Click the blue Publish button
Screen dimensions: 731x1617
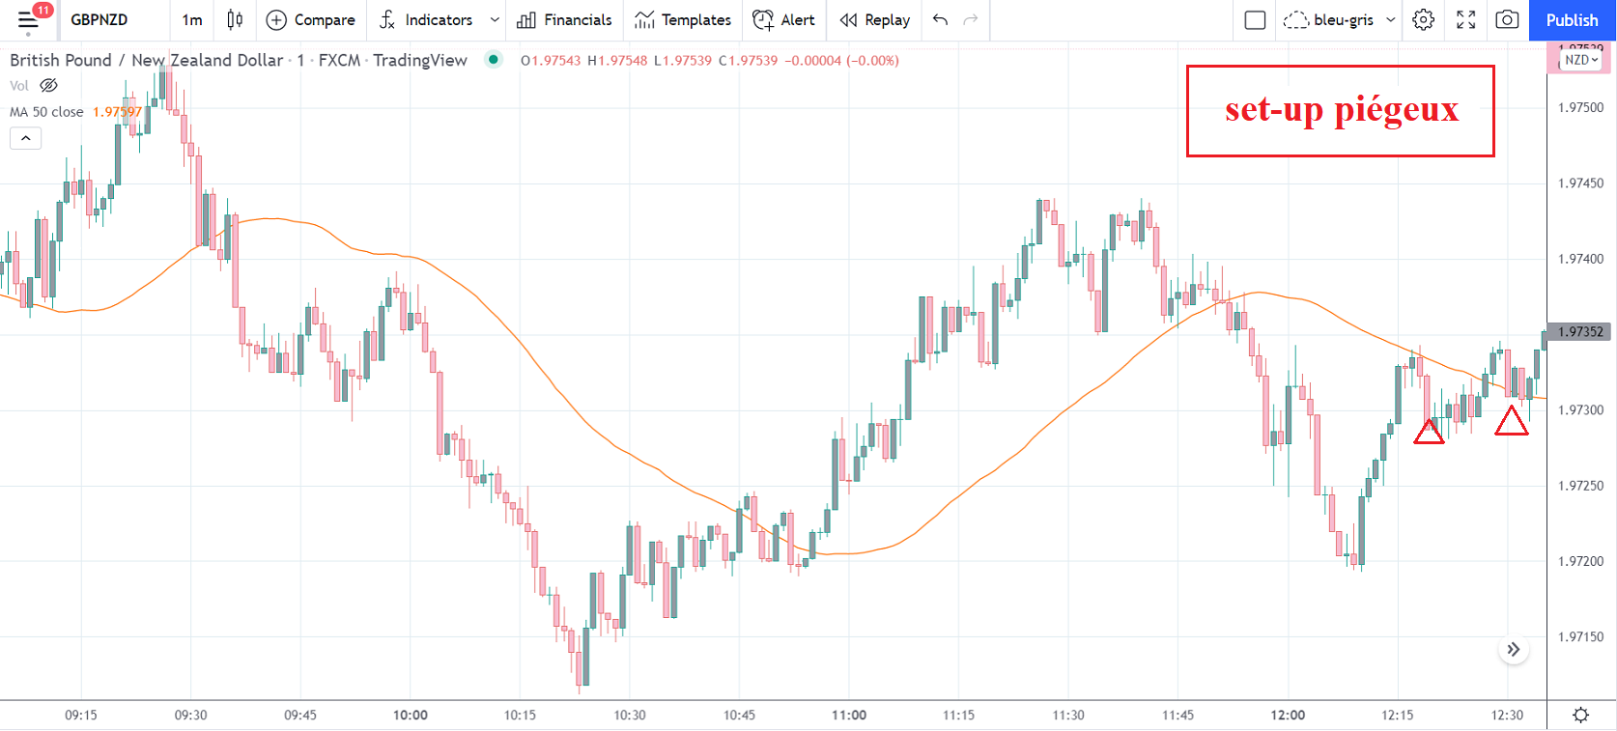1572,20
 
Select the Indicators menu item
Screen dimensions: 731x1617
438,20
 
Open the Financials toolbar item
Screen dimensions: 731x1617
565,20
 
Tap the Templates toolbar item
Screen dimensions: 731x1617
683,20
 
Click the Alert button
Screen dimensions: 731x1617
783,20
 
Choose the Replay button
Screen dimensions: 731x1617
875,20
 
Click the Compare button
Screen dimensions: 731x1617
311,20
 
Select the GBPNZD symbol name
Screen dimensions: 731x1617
99,20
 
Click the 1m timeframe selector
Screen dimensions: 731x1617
192,20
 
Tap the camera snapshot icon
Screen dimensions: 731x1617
1507,20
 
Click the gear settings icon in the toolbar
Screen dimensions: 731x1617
1423,20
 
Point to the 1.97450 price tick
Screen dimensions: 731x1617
1580,183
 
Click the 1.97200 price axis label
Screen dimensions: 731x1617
1580,561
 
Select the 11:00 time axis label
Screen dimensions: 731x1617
849,716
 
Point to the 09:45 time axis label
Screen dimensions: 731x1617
300,716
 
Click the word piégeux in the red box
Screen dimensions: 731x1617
1397,109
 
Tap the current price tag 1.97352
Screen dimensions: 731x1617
1580,332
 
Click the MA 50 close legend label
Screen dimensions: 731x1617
46,112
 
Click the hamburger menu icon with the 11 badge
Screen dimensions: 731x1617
28,20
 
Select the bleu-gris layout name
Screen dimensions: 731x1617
1343,20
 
